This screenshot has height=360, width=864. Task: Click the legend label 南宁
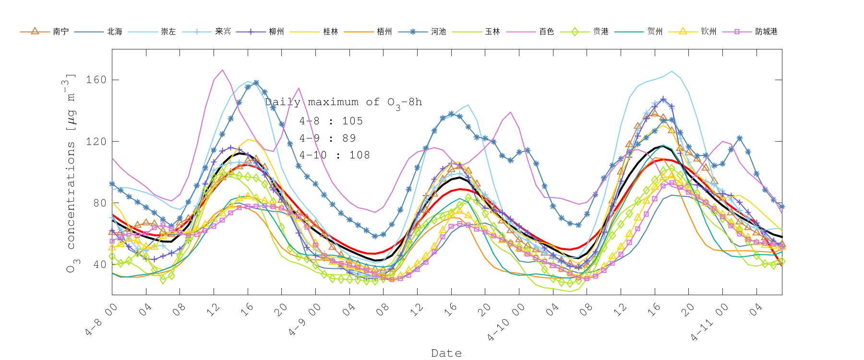point(61,32)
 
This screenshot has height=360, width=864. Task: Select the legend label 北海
point(115,32)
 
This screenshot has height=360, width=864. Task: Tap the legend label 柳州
point(276,32)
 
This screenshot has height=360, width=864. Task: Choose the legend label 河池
point(438,32)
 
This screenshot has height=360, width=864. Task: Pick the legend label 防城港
point(766,32)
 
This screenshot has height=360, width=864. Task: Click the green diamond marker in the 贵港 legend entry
point(574,32)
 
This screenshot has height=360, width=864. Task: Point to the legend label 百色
point(546,32)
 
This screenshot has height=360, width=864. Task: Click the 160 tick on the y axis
point(96,80)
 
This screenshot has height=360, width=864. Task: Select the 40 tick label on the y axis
point(99,264)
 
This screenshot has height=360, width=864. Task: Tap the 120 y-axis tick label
point(96,142)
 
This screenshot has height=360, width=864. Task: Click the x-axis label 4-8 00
point(102,320)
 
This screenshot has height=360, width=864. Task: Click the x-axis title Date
point(446,353)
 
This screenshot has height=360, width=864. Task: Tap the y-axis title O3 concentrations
point(71,173)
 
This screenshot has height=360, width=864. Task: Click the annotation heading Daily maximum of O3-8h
point(343,102)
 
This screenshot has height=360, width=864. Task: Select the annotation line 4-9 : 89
point(328,138)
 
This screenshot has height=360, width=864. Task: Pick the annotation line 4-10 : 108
point(335,155)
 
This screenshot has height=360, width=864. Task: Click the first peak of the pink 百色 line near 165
point(222,70)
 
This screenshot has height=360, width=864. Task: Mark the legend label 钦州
point(708,32)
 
